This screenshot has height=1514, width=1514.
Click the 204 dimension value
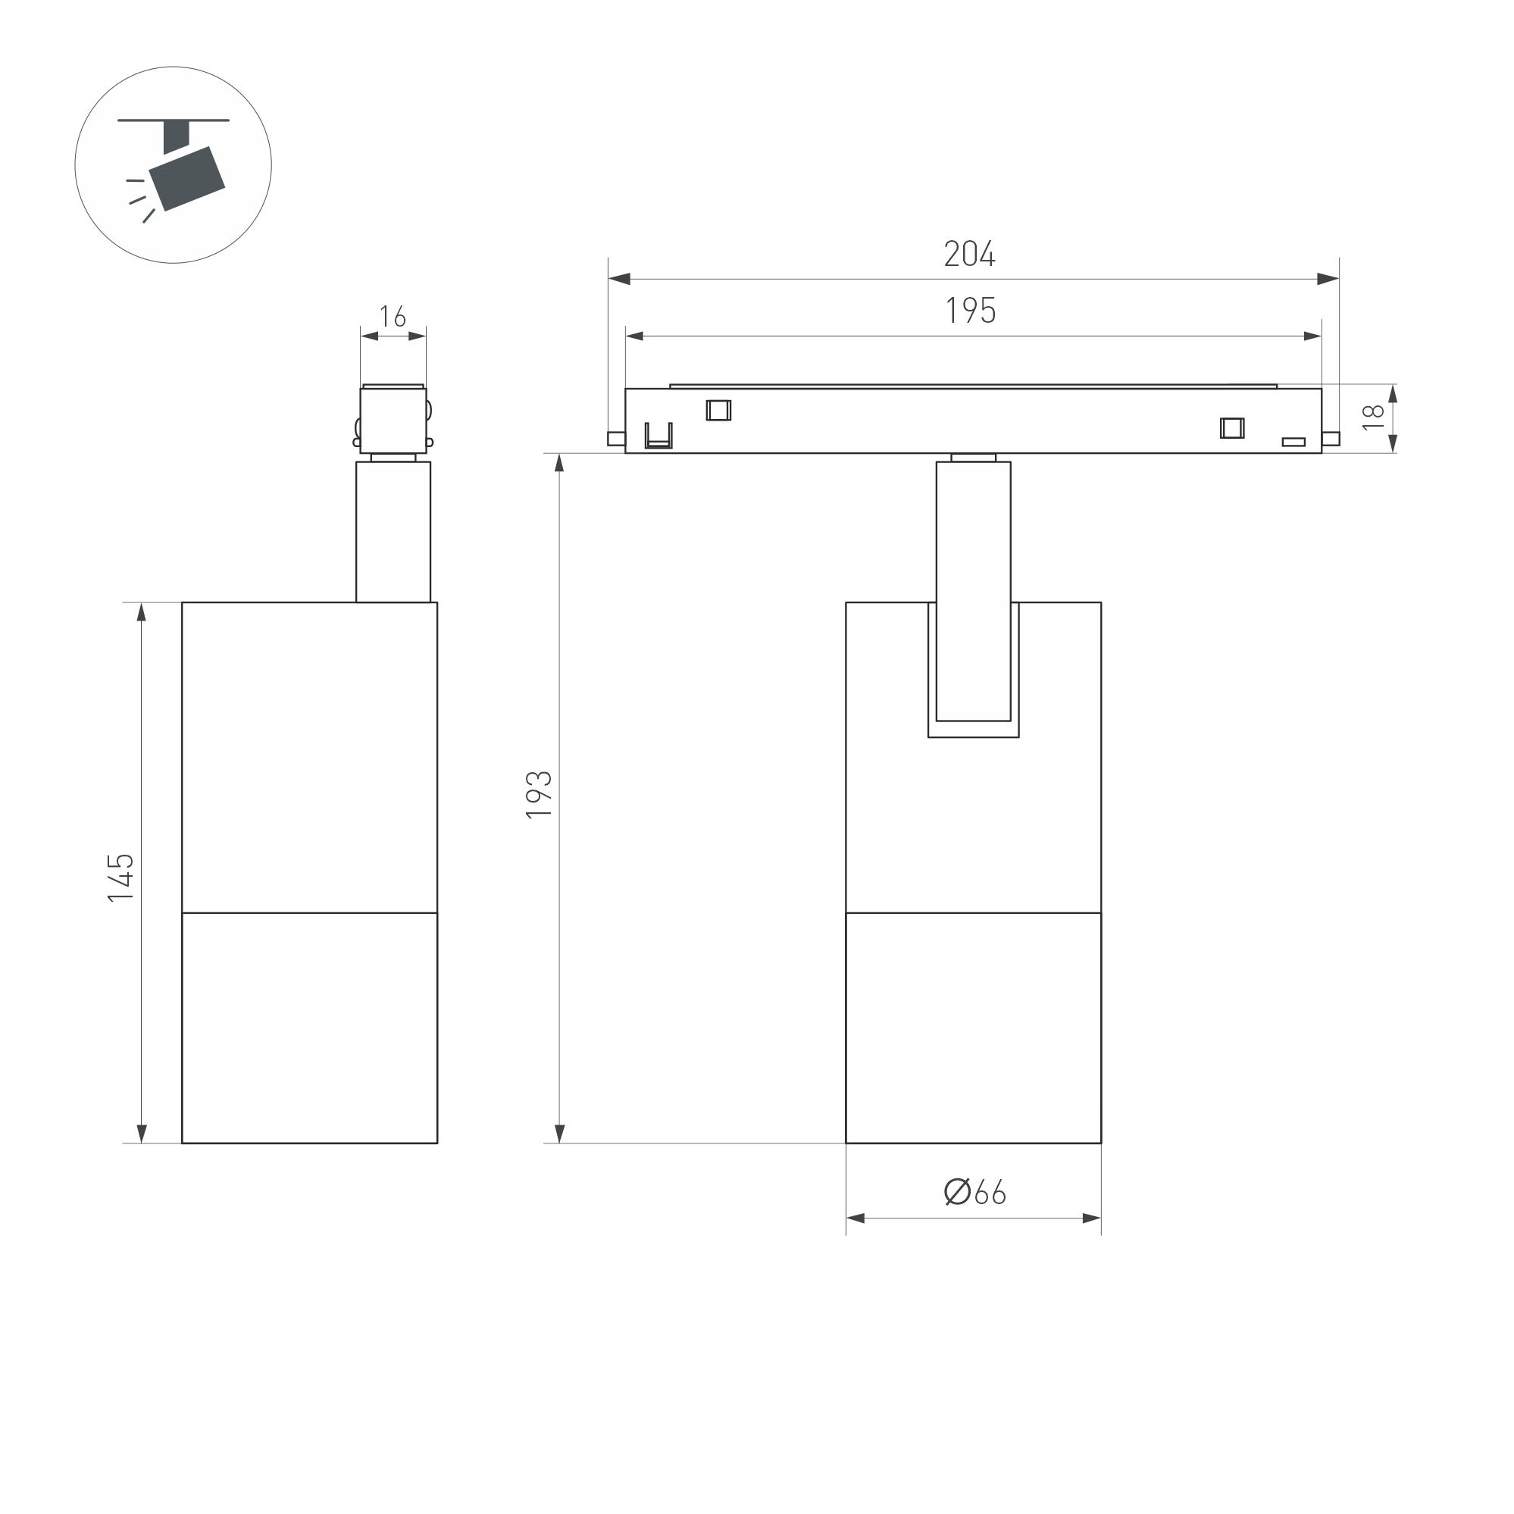[x=969, y=254]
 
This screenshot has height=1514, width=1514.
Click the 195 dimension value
[x=970, y=311]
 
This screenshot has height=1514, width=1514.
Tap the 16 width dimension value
[x=393, y=317]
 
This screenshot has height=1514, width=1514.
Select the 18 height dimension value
[x=1372, y=417]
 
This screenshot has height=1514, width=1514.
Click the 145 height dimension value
[x=120, y=877]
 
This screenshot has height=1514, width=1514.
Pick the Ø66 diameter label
[x=974, y=1192]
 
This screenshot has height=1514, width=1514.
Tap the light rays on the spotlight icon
[x=139, y=199]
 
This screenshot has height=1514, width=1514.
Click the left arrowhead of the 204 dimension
[x=620, y=279]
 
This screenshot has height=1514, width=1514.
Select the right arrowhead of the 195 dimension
[x=1312, y=336]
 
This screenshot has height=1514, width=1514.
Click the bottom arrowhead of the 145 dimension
[x=142, y=1133]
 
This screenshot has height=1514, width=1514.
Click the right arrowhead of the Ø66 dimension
[x=1091, y=1218]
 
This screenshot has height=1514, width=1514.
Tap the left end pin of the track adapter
[x=616, y=439]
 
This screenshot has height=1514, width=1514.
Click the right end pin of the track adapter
[x=1331, y=439]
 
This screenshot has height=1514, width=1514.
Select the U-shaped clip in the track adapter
[x=658, y=436]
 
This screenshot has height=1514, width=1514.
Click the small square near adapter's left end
[x=718, y=410]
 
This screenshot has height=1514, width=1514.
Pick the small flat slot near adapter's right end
[x=1293, y=442]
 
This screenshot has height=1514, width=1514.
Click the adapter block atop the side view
[x=393, y=420]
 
